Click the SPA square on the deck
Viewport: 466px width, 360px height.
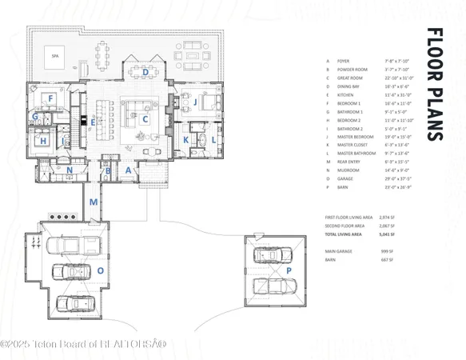coord(55,57)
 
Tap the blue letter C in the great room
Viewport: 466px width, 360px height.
coord(145,120)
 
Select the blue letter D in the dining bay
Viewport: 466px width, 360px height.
coord(145,72)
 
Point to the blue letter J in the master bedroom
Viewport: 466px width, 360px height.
coord(193,102)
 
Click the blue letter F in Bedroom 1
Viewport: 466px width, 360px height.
coord(50,98)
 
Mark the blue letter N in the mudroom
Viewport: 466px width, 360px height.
coord(70,170)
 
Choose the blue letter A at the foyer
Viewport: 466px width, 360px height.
coord(127,170)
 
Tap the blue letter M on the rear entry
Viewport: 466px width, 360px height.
coord(94,202)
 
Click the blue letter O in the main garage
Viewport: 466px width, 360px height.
coord(101,270)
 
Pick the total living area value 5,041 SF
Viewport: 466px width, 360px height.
coord(389,234)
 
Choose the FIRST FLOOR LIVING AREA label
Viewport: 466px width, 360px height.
coord(349,218)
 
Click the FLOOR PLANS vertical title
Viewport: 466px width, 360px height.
coord(434,84)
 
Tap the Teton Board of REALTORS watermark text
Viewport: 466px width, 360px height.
coord(84,344)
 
